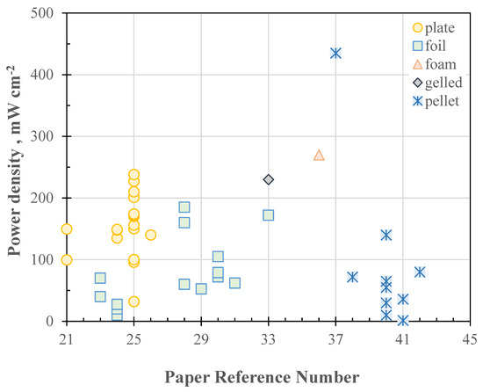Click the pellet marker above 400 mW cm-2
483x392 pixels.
pyautogui.click(x=335, y=53)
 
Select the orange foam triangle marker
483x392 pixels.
pyautogui.click(x=319, y=156)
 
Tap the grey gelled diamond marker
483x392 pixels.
pyautogui.click(x=269, y=179)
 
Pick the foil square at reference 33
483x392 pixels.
pyautogui.click(x=269, y=215)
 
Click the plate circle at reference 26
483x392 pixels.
pyautogui.click(x=150, y=235)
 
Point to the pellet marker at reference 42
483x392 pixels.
pyautogui.click(x=420, y=272)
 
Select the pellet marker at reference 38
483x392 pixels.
pyautogui.click(x=352, y=277)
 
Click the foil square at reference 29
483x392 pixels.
pyautogui.click(x=201, y=288)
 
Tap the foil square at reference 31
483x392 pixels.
pyautogui.click(x=234, y=283)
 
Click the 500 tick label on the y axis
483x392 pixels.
pyautogui.click(x=46, y=14)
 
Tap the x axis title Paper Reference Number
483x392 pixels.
pyautogui.click(x=268, y=376)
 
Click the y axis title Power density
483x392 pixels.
pyautogui.click(x=15, y=167)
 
